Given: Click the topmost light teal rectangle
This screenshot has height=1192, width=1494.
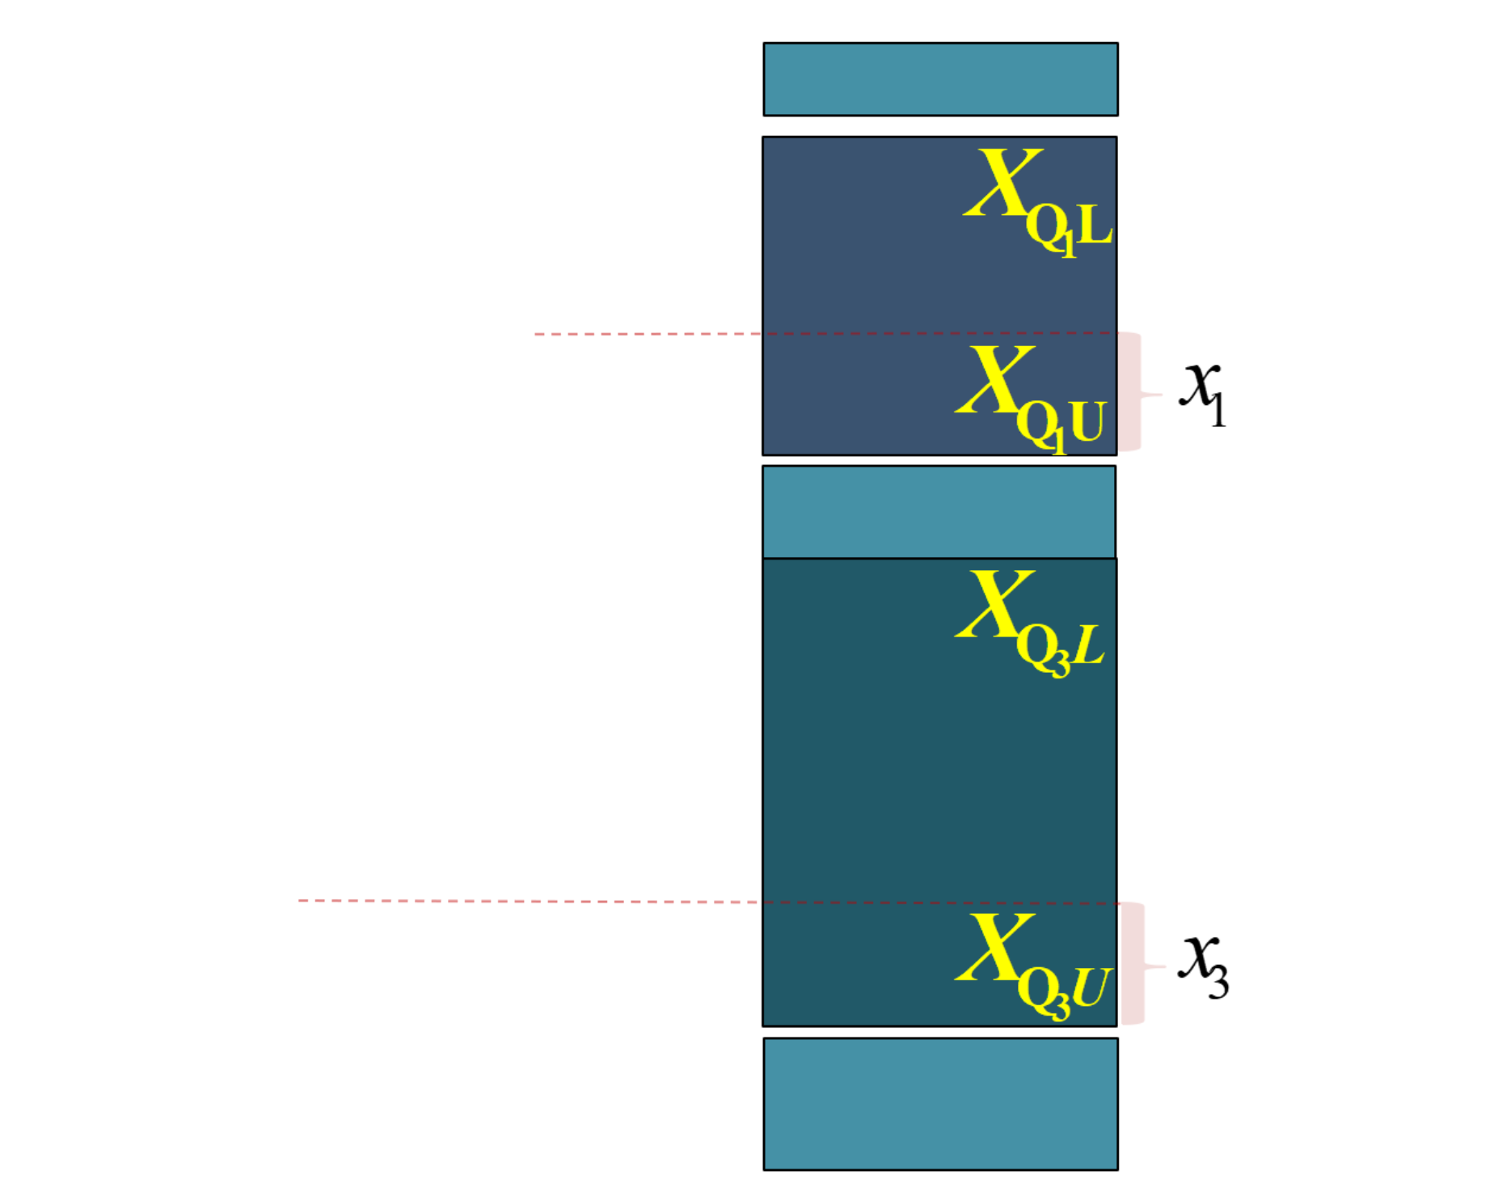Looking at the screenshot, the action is click(940, 79).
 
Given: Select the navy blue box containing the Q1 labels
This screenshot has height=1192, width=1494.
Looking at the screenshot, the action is click(939, 296).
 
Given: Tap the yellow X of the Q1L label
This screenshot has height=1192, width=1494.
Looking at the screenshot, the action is click(1003, 182).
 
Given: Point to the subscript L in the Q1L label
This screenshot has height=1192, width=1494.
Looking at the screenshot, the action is click(1095, 225).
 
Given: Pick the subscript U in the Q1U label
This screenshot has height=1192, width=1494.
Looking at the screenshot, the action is click(1087, 422).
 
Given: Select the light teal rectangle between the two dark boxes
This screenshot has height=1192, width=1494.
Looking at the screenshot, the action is click(939, 512).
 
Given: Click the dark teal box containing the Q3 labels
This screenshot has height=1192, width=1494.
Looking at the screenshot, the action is click(939, 793).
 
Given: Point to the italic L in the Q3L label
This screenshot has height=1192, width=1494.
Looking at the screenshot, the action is click(1088, 645).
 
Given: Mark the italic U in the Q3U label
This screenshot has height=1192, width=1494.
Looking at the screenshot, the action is click(1092, 987).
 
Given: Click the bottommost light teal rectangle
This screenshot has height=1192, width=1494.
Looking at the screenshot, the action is click(940, 1104).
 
